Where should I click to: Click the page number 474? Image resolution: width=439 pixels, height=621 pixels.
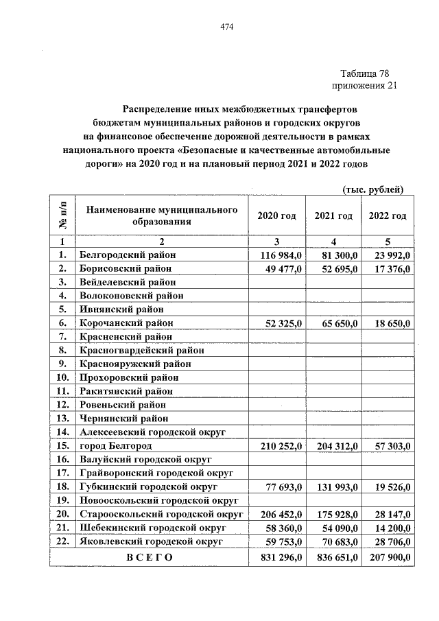tap(227, 27)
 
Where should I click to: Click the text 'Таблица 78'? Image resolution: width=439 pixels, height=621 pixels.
tap(368, 73)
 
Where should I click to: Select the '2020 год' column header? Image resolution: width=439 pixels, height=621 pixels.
tap(276, 215)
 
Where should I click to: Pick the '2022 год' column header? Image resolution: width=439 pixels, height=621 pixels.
tap(388, 215)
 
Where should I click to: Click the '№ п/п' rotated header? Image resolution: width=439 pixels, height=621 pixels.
tap(62, 215)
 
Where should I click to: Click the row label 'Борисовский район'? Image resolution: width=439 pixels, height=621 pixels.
tap(125, 268)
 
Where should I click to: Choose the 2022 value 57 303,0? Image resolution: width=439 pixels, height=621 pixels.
tap(390, 446)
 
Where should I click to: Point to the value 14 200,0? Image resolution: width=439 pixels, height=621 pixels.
tap(390, 528)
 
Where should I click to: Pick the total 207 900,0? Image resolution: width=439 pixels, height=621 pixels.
tap(388, 558)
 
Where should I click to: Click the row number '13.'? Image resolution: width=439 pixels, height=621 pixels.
tap(62, 418)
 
